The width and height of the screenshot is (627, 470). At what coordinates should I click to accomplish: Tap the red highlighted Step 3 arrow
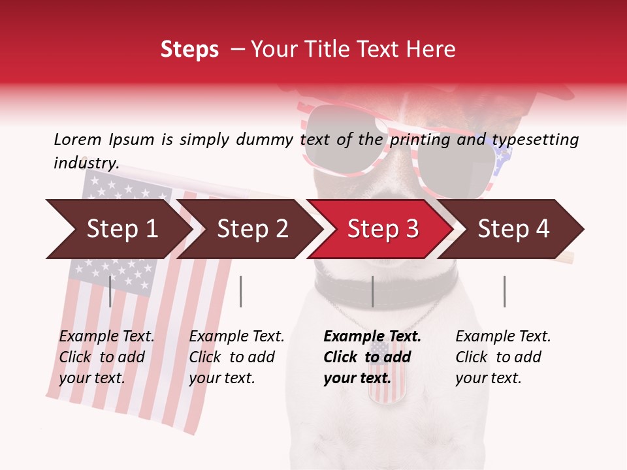pyautogui.click(x=383, y=229)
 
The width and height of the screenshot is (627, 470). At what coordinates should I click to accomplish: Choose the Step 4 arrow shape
pyautogui.click(x=513, y=229)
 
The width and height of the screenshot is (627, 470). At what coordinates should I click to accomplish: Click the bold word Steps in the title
pyautogui.click(x=189, y=49)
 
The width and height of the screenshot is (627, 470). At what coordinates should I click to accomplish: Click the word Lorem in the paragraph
pyautogui.click(x=77, y=139)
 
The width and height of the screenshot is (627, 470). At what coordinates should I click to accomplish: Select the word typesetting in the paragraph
pyautogui.click(x=535, y=140)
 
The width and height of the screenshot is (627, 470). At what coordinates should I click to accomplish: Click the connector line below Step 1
pyautogui.click(x=110, y=291)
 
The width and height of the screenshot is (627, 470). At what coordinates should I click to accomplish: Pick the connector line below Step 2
pyautogui.click(x=241, y=291)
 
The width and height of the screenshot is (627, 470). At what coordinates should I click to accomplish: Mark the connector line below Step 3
pyautogui.click(x=372, y=291)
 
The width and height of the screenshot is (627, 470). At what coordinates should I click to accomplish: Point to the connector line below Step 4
pyautogui.click(x=504, y=291)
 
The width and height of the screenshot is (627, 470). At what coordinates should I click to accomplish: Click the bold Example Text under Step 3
pyautogui.click(x=372, y=337)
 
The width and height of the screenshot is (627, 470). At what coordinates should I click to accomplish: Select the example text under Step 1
pyautogui.click(x=106, y=357)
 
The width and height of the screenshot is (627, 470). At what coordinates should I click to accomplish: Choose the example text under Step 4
pyautogui.click(x=503, y=357)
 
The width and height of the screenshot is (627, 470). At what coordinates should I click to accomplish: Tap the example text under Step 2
pyautogui.click(x=236, y=357)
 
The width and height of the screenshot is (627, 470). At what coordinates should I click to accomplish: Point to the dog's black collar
pyautogui.click(x=418, y=284)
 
